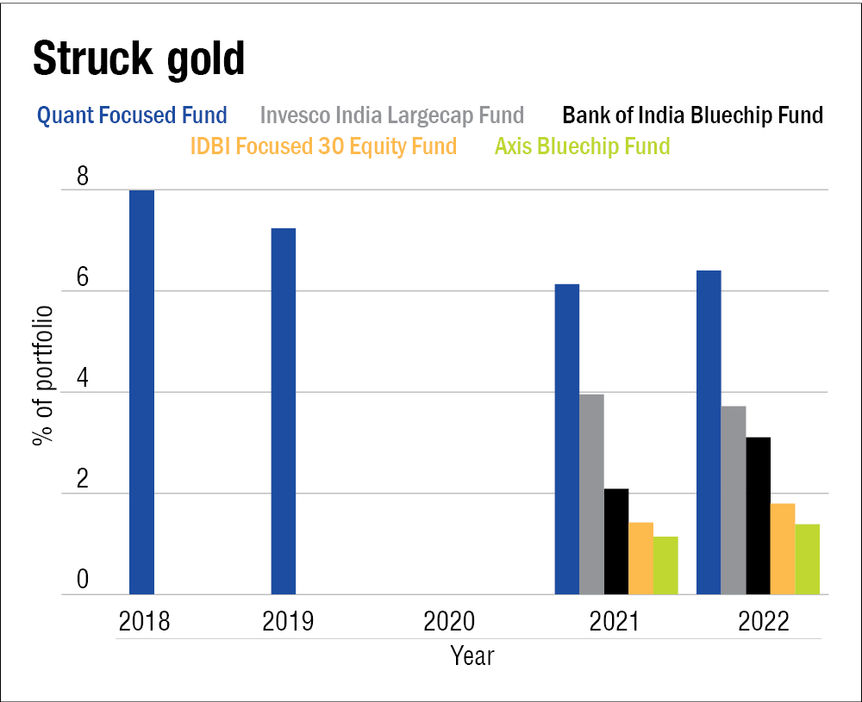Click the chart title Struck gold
pyautogui.click(x=139, y=58)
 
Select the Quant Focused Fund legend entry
pyautogui.click(x=132, y=115)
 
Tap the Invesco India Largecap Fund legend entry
pyautogui.click(x=391, y=115)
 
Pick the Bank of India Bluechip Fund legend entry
pyautogui.click(x=692, y=115)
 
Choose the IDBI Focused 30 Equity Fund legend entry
pyautogui.click(x=324, y=146)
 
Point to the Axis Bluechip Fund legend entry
pyautogui.click(x=582, y=146)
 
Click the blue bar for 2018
pyautogui.click(x=141, y=392)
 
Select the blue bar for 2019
pyautogui.click(x=284, y=411)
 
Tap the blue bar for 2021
pyautogui.click(x=566, y=439)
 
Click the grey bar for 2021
pyautogui.click(x=591, y=494)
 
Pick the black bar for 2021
pyautogui.click(x=616, y=542)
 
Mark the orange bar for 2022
pyautogui.click(x=783, y=549)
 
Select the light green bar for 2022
pyautogui.click(x=808, y=559)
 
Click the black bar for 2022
pyautogui.click(x=758, y=516)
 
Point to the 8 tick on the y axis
pyautogui.click(x=83, y=177)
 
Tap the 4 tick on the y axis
pyautogui.click(x=83, y=380)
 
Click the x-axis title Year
pyautogui.click(x=472, y=656)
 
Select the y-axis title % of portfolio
pyautogui.click(x=42, y=376)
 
